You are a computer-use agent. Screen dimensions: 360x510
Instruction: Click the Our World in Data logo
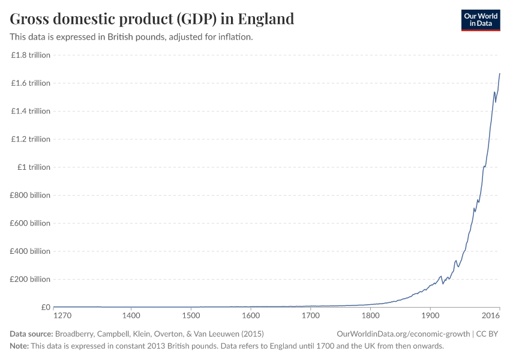coord(481,20)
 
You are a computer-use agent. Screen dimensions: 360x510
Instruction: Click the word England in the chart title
coord(266,19)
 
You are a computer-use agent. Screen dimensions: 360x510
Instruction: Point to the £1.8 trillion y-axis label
coord(31,55)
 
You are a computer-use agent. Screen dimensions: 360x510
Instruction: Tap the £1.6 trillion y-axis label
coord(31,83)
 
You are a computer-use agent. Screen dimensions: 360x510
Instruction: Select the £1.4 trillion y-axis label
coord(31,111)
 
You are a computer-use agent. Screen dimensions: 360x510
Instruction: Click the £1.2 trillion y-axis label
coord(31,139)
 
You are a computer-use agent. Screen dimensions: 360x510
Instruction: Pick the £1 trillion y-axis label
coord(34,167)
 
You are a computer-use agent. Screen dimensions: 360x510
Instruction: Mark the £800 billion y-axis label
coord(31,195)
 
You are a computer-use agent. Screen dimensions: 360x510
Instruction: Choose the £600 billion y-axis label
coord(31,223)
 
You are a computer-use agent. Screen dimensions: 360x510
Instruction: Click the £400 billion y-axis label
coord(31,251)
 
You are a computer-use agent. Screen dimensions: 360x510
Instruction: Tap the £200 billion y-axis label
coord(31,279)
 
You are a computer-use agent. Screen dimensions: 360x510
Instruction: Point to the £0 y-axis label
coord(46,307)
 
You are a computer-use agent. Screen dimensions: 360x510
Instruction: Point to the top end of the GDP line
coord(500,74)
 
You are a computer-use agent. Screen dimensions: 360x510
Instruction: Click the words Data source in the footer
coord(31,334)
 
